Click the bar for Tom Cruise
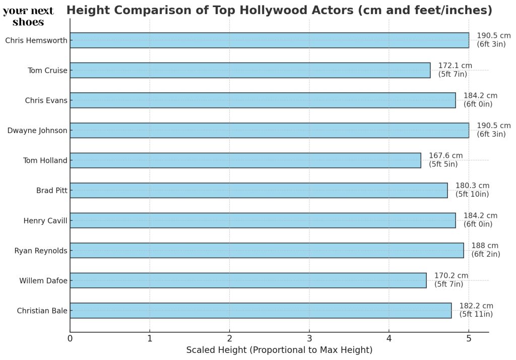point(250,70)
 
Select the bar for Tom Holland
point(245,160)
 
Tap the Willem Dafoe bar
point(248,280)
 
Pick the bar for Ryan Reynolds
point(267,251)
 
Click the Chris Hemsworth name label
point(36,40)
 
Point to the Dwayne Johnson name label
point(37,131)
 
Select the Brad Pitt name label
point(51,191)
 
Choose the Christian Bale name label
point(42,311)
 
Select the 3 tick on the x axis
point(309,338)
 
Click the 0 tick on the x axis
point(70,338)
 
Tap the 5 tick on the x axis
point(469,338)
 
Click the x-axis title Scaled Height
point(279,350)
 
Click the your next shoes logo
point(28,17)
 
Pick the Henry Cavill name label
point(45,221)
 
